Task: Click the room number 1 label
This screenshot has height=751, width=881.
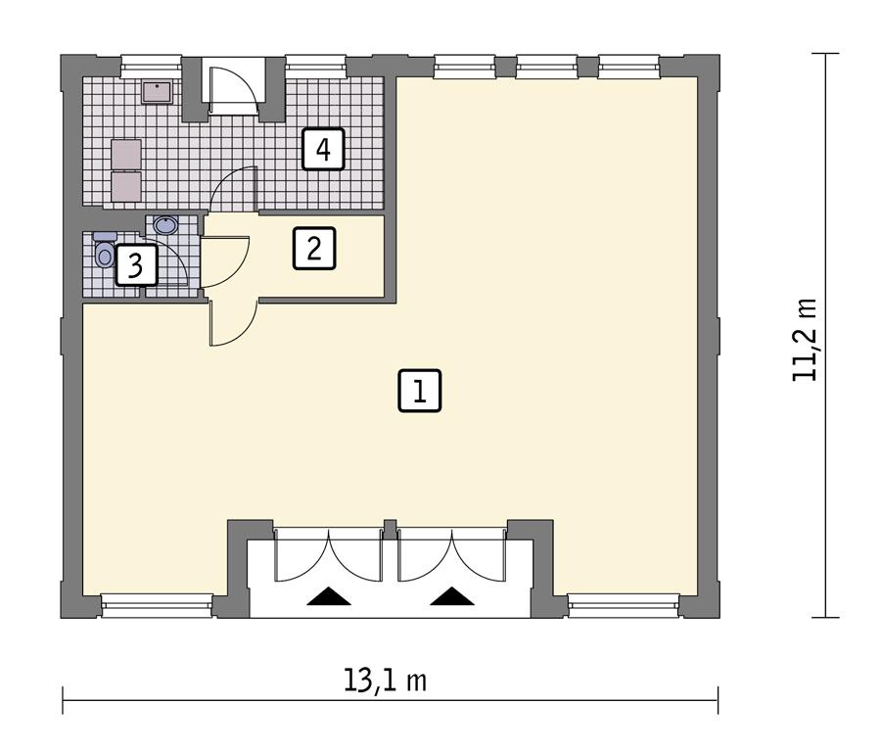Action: point(420,392)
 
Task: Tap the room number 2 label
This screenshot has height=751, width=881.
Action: point(313,248)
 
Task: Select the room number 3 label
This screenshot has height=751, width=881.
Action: point(135,265)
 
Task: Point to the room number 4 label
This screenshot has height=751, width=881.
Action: point(323,150)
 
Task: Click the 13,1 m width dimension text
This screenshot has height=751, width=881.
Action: point(386,680)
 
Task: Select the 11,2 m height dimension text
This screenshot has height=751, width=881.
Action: point(805,339)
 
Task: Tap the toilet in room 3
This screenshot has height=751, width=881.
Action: point(105,253)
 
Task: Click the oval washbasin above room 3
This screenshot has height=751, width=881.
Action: point(165,226)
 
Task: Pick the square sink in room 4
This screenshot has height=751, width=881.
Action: point(157,91)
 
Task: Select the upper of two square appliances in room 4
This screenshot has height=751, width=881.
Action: point(126,154)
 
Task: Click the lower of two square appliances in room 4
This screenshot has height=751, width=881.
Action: point(126,186)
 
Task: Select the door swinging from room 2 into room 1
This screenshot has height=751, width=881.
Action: point(232,324)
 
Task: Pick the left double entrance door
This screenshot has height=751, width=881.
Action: point(328,555)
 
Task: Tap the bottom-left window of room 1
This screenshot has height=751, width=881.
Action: point(157,606)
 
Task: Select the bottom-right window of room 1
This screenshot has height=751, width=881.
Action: point(625,606)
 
